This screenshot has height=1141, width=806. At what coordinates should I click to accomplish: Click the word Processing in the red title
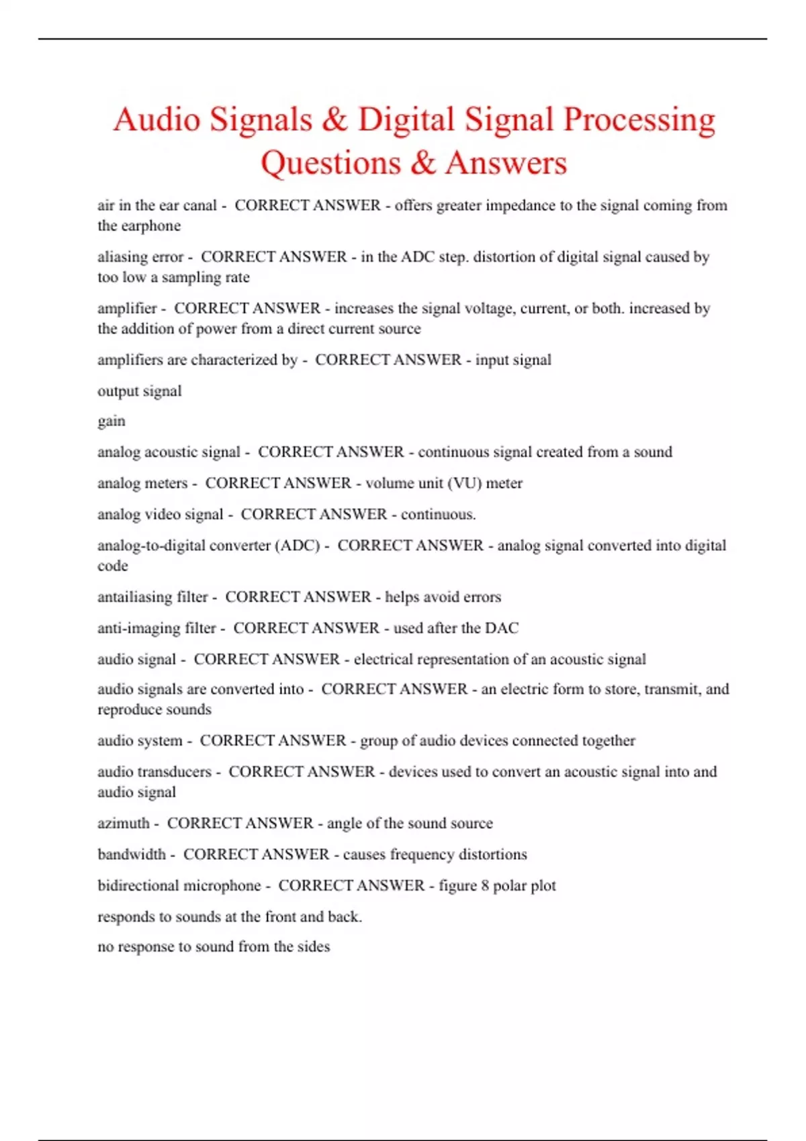tap(639, 121)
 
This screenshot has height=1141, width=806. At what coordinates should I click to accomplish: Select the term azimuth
tap(124, 824)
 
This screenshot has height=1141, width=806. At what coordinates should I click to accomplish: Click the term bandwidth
tap(132, 854)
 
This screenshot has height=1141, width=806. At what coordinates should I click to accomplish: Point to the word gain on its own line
tap(111, 421)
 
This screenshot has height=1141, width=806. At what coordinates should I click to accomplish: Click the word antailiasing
tap(136, 597)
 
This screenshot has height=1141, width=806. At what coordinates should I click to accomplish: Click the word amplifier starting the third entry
tap(127, 309)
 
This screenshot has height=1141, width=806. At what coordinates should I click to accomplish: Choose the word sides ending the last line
tap(313, 947)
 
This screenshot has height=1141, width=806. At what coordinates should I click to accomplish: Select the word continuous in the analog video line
tap(437, 515)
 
